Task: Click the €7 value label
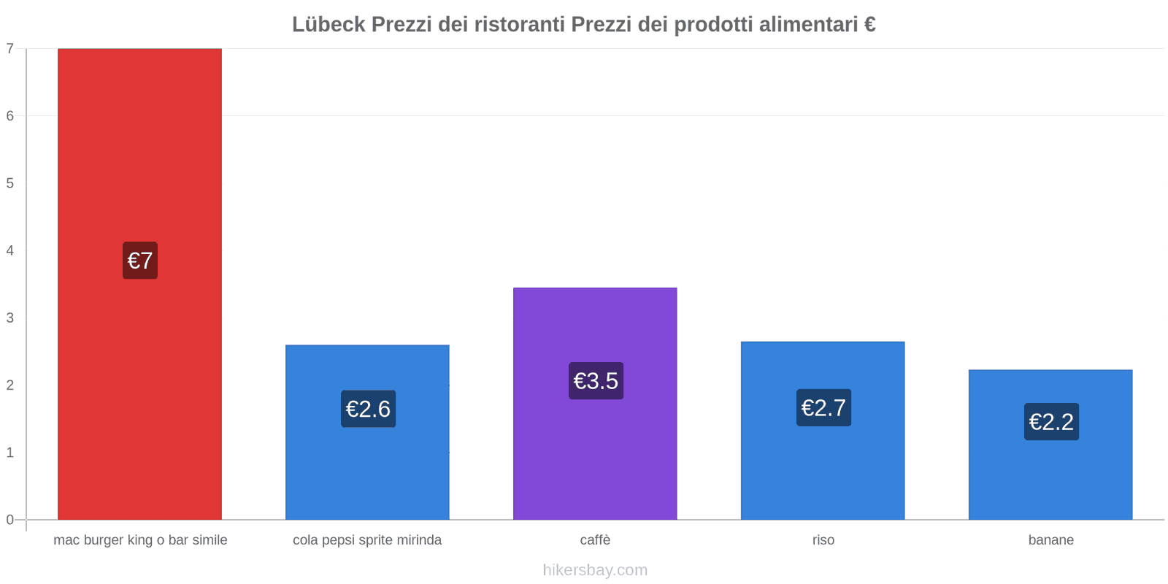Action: tap(140, 261)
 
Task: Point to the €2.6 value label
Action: tap(368, 409)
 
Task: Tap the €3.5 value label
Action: tap(596, 381)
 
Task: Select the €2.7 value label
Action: tap(823, 407)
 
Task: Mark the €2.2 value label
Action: tap(1051, 422)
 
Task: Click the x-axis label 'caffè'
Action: tap(595, 540)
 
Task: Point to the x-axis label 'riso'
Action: tap(823, 540)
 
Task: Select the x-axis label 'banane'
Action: tap(1050, 540)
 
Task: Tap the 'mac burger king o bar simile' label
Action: tap(140, 540)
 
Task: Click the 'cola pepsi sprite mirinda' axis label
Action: tap(367, 540)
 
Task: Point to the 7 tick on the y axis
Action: tap(10, 49)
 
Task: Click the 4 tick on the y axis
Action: tap(10, 250)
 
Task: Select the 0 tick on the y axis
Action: tap(10, 520)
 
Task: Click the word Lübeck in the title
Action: tap(328, 25)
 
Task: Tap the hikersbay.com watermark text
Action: tap(595, 570)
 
